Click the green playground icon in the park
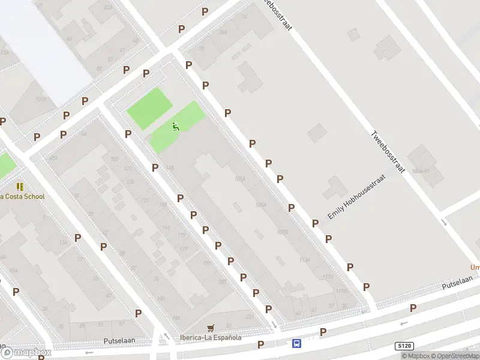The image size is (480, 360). point(175,126)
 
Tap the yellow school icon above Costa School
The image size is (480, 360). point(20,187)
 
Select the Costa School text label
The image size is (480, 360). point(22,197)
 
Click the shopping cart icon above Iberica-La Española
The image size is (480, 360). point(210,328)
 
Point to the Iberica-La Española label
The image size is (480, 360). point(211,337)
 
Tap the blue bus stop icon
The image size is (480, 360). point(296,344)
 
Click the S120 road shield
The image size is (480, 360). point(405,346)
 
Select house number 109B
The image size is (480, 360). point(283,232)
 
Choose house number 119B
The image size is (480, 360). point(341,290)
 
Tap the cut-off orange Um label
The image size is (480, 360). point(474,268)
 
